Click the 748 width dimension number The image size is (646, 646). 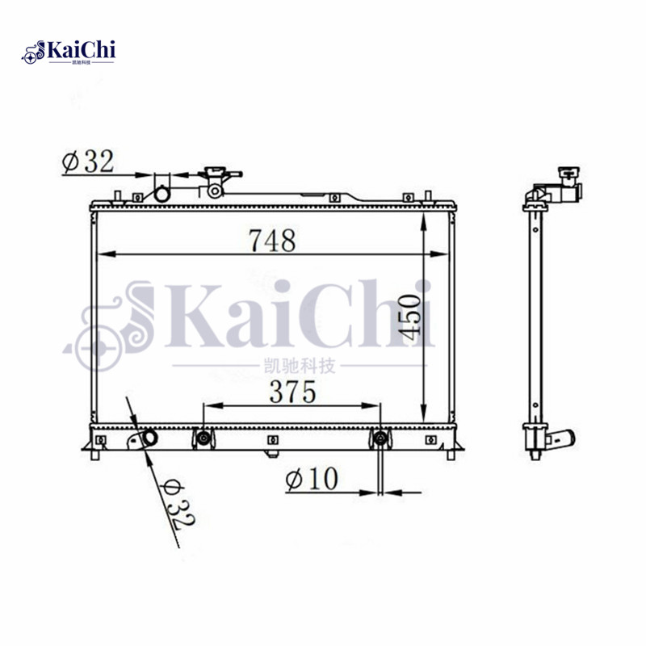272,240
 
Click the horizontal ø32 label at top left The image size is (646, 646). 86,161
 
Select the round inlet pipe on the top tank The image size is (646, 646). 162,194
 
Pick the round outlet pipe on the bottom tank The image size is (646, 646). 149,438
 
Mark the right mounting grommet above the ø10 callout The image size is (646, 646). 380,438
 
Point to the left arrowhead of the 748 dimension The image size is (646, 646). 101,255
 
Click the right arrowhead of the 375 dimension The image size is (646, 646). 374,405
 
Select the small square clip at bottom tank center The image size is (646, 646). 272,440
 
